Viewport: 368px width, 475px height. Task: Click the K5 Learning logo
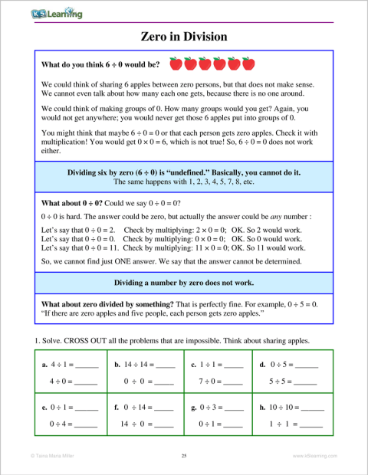pyautogui.click(x=58, y=14)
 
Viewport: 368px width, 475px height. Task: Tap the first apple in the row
pyautogui.click(x=175, y=64)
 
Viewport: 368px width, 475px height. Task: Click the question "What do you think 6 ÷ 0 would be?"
pyautogui.click(x=100, y=65)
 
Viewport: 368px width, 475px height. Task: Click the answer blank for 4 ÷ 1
pyautogui.click(x=87, y=365)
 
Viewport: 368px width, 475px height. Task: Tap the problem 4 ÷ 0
pyautogui.click(x=61, y=381)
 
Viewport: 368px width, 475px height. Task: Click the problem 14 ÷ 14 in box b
pyautogui.click(x=136, y=365)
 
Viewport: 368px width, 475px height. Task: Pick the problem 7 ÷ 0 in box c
pyautogui.click(x=209, y=381)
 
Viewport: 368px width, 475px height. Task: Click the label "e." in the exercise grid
pyautogui.click(x=44, y=408)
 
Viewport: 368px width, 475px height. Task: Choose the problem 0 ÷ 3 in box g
pyautogui.click(x=209, y=408)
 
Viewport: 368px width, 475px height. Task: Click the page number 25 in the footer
pyautogui.click(x=184, y=456)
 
